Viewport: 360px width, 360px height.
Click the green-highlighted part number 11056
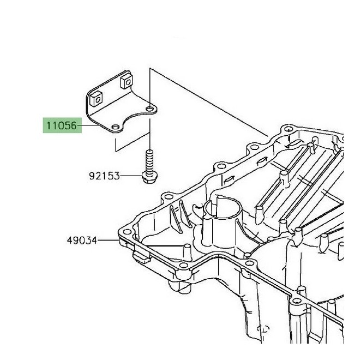click(x=61, y=126)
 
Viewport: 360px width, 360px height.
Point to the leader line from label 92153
click(x=130, y=176)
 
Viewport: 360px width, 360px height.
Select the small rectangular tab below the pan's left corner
click(x=141, y=255)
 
